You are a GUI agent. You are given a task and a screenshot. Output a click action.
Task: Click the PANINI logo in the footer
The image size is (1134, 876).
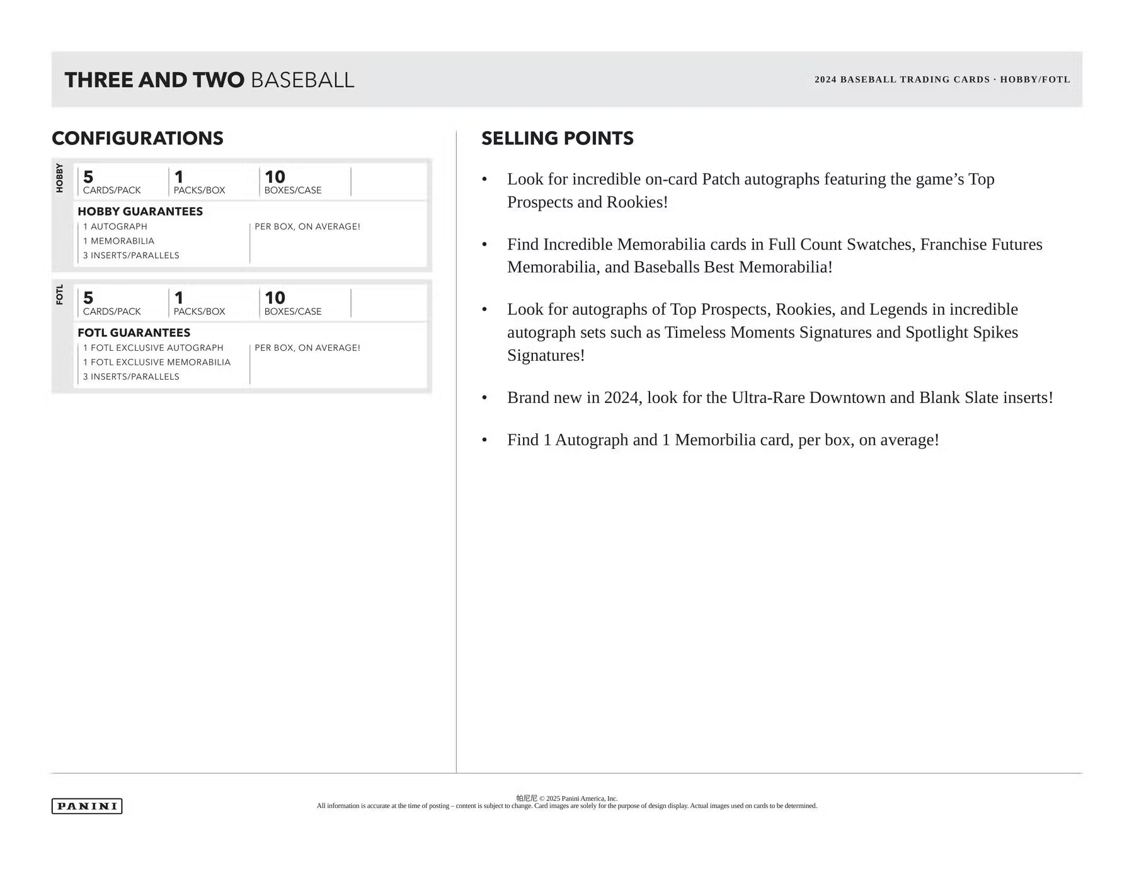pos(87,806)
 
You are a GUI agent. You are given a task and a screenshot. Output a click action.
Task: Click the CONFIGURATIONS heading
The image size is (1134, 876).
pos(137,139)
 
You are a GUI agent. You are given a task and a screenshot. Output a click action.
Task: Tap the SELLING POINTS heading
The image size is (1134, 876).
pos(557,139)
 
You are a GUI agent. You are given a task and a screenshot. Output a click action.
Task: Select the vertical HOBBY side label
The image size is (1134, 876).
pos(60,178)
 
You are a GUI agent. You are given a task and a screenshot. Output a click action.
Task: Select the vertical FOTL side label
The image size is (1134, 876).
pos(60,295)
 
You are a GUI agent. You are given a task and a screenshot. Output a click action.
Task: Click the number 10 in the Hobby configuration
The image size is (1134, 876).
pos(275,177)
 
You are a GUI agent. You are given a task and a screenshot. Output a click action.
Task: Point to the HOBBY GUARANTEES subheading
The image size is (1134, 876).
pos(140,212)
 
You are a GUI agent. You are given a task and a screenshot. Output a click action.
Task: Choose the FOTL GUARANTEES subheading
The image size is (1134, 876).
pos(134,333)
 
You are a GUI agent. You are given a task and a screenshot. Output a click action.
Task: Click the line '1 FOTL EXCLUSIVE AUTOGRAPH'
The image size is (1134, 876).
pos(153,348)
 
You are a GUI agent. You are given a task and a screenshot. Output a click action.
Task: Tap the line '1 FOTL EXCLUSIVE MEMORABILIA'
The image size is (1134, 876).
pos(157,362)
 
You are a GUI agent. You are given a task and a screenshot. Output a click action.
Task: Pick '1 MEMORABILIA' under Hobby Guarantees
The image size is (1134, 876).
pos(118,241)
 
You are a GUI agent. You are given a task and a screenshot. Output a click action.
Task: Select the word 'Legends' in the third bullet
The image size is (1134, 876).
pos(898,310)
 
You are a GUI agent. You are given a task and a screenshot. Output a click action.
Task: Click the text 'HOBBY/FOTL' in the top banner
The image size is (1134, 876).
pos(1035,80)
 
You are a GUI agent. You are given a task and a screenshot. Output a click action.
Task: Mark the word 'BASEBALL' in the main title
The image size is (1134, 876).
pos(302,81)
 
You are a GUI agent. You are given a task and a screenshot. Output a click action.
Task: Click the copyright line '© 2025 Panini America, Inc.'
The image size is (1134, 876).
pos(578,799)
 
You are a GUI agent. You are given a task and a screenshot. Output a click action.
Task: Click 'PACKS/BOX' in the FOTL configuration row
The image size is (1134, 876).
pos(199,312)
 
